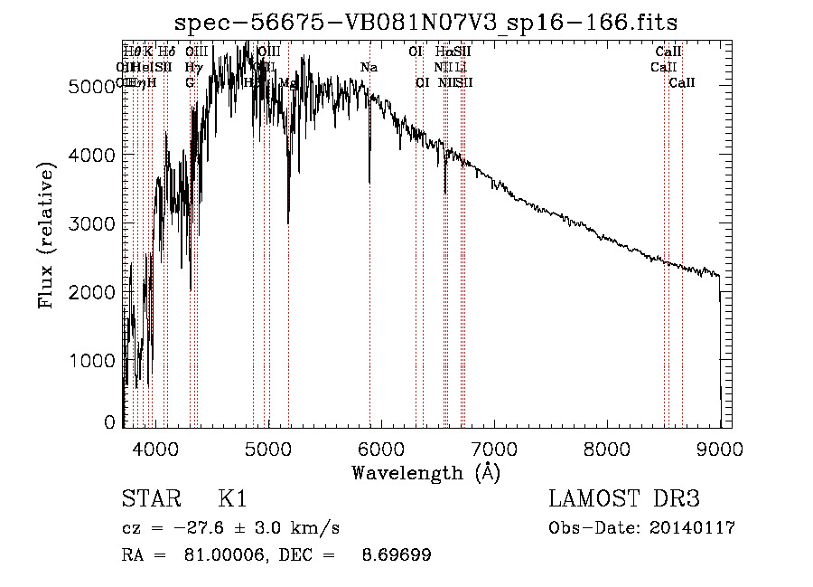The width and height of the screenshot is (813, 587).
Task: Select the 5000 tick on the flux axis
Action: (91, 87)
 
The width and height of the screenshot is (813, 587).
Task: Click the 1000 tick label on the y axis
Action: (91, 361)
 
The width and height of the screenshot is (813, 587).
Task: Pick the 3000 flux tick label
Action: (91, 223)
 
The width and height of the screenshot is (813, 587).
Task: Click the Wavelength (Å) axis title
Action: (425, 472)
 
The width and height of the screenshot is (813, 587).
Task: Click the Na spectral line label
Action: (369, 68)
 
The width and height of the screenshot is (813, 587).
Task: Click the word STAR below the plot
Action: (150, 499)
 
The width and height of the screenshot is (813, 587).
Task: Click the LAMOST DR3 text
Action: (624, 499)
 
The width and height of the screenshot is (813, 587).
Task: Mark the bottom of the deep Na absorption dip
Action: (369, 182)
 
